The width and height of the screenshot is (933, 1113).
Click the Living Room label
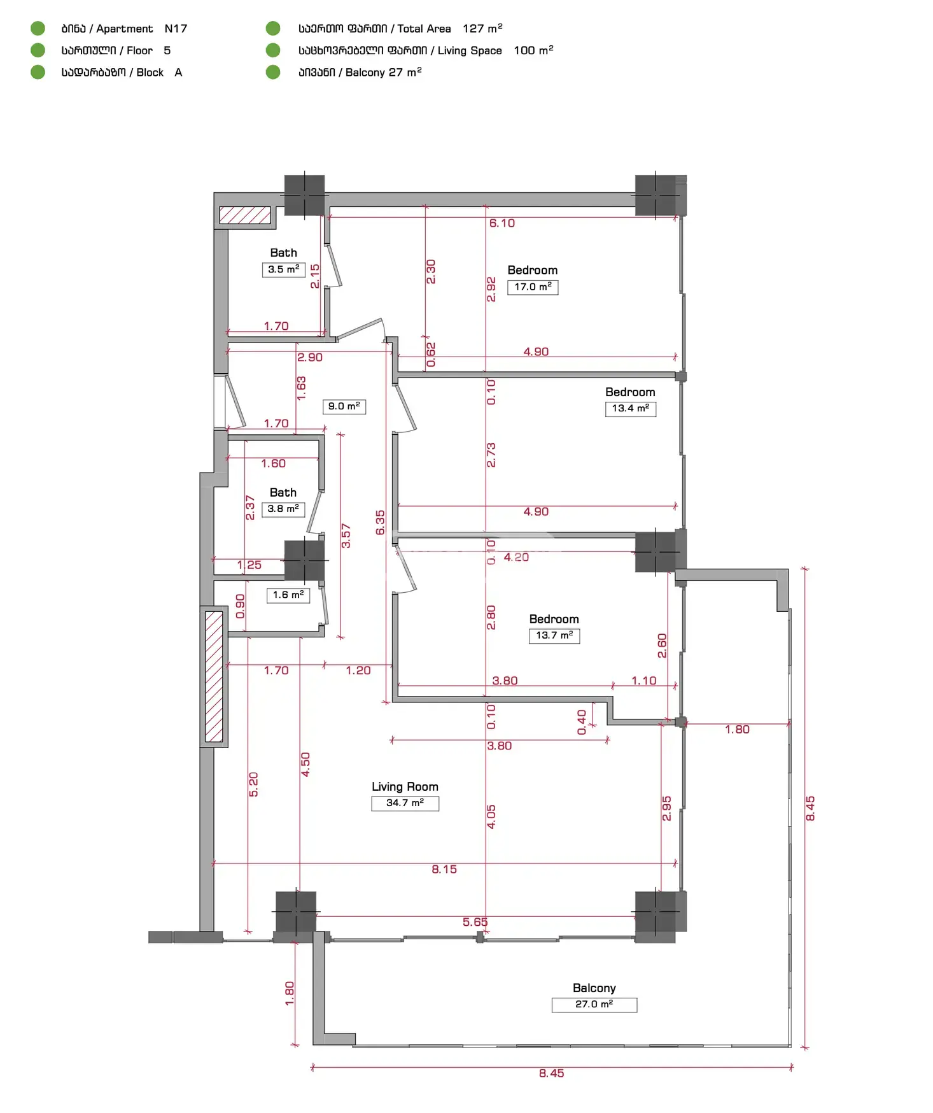click(405, 786)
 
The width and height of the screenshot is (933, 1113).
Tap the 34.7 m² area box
click(405, 803)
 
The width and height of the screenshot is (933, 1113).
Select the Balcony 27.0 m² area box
click(594, 1004)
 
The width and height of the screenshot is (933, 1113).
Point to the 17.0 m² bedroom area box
click(533, 287)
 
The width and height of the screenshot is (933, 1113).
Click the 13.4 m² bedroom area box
click(630, 409)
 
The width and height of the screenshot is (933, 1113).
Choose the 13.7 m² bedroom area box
click(554, 635)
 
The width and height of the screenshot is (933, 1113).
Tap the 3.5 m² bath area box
click(284, 269)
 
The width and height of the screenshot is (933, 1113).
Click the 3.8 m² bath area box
click(283, 509)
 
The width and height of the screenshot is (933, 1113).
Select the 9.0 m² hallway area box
click(344, 406)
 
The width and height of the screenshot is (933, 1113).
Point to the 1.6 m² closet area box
click(288, 595)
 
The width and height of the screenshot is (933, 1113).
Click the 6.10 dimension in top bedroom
click(502, 223)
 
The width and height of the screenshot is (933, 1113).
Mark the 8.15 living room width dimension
click(444, 869)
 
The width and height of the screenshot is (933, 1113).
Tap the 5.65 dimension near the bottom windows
click(475, 922)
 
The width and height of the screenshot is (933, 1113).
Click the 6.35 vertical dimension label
click(380, 522)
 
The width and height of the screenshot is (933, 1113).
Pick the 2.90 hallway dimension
click(310, 357)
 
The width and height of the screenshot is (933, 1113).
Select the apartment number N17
click(176, 29)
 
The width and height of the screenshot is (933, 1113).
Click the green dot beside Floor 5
click(38, 50)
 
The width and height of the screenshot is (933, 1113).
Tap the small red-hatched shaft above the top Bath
click(245, 215)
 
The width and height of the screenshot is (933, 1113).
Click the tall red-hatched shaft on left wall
click(214, 676)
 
